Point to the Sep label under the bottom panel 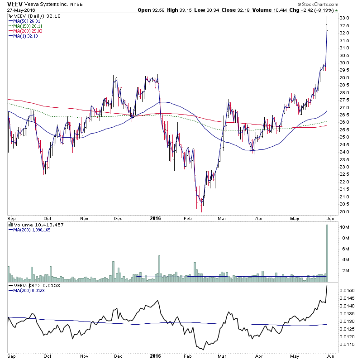13,356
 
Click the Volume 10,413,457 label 33,224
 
